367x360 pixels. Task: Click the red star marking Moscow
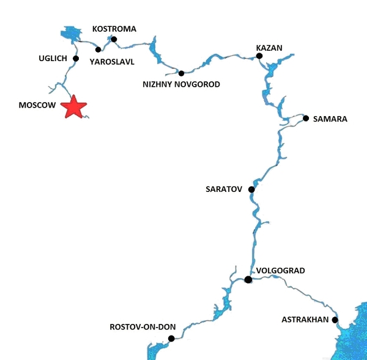tap(74, 106)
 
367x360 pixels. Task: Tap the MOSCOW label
tap(37, 105)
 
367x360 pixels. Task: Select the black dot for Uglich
tap(76, 59)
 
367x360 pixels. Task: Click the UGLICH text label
tap(52, 59)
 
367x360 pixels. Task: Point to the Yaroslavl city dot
tap(98, 50)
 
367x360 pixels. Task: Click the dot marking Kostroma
tap(114, 39)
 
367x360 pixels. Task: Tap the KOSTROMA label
tap(114, 29)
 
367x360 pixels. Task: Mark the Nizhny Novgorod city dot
tap(181, 73)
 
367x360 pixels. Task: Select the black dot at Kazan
tap(259, 56)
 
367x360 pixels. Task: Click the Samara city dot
tap(306, 119)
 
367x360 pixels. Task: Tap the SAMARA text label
tap(330, 119)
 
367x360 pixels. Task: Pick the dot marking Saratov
tap(251, 189)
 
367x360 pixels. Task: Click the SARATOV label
tap(225, 189)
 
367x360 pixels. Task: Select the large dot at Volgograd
tap(248, 280)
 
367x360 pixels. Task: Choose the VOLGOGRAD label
tap(280, 270)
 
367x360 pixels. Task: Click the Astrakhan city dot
tap(335, 320)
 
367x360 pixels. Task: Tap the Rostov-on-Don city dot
tap(171, 339)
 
